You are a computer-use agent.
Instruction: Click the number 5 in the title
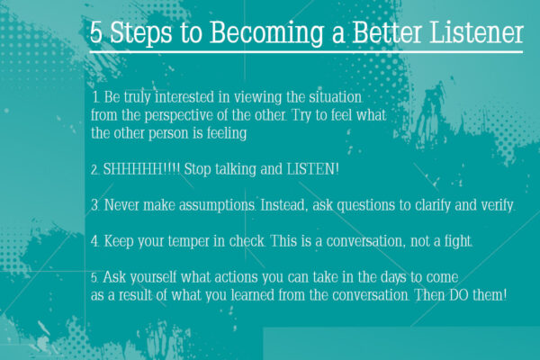(97, 33)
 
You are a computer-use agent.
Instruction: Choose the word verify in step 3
(494, 206)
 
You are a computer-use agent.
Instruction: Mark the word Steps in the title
(140, 33)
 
